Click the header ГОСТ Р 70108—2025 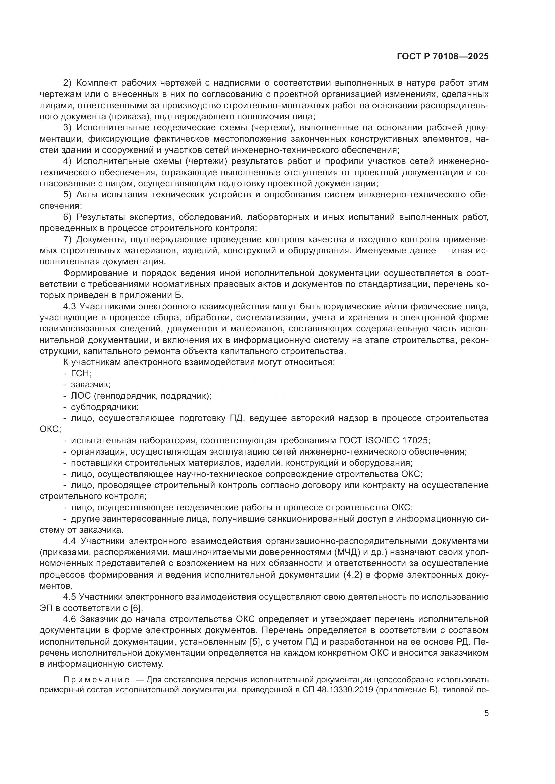(x=443, y=57)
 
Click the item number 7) (x=67, y=240)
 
